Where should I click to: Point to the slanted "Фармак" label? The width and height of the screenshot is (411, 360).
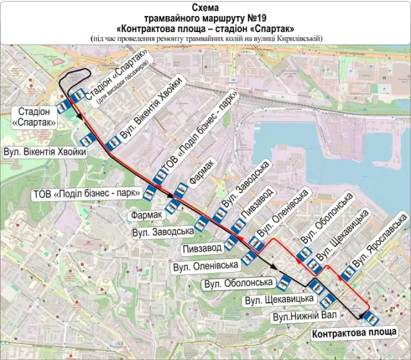[x=200, y=174]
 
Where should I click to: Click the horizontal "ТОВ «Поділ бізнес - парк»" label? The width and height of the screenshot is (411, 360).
[x=86, y=194]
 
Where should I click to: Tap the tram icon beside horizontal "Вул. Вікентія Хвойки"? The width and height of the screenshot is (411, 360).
[x=85, y=139]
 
